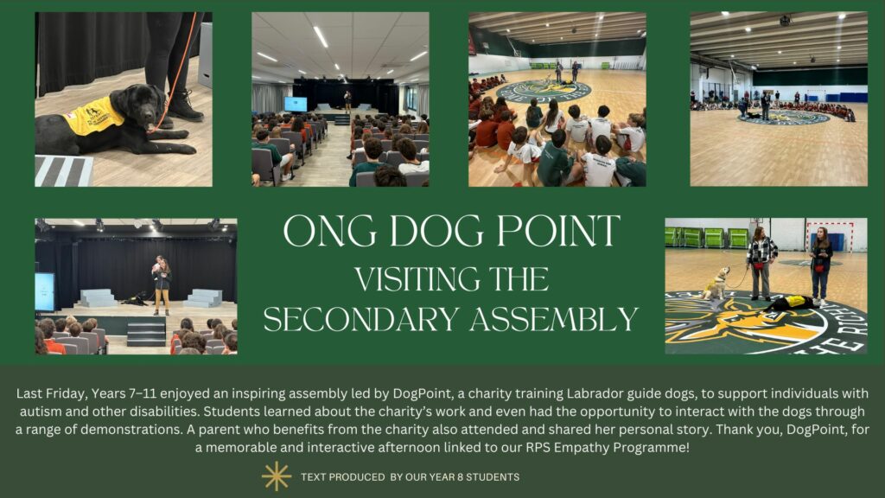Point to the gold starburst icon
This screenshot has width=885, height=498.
click(x=277, y=476)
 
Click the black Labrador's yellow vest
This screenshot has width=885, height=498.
click(x=93, y=116)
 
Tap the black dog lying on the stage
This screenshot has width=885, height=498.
click(x=135, y=299)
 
